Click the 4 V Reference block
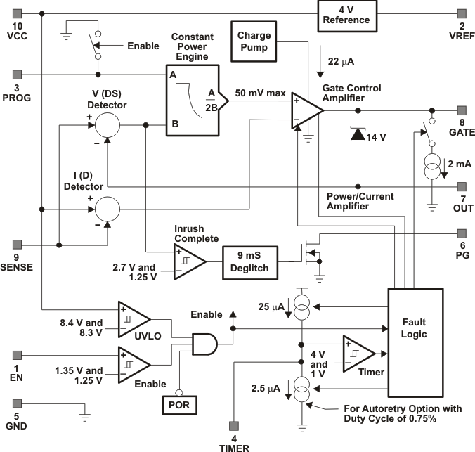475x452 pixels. (346, 13)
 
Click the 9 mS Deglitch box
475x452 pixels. (251, 261)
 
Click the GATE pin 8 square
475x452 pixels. (462, 110)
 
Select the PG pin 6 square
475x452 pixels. (462, 233)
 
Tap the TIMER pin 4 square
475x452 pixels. (235, 425)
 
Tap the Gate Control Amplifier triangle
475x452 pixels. (304, 110)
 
